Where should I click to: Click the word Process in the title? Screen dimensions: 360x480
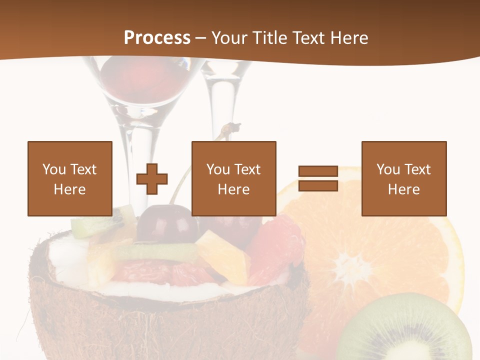click(157, 37)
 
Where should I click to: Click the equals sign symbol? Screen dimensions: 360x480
click(318, 178)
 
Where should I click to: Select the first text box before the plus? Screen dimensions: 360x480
click(70, 178)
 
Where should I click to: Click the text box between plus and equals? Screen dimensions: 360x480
click(233, 178)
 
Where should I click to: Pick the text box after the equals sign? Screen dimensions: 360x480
click(403, 178)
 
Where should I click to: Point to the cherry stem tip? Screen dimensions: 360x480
click(232, 126)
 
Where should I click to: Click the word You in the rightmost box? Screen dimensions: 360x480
click(387, 169)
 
